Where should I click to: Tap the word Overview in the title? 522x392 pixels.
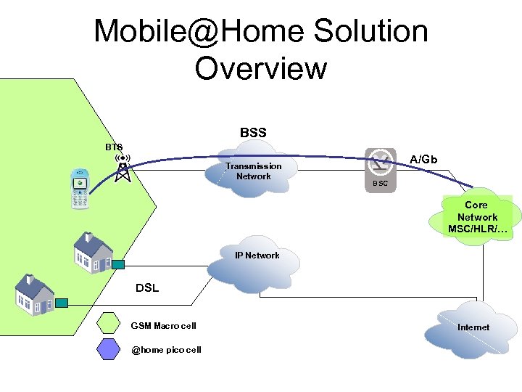point(261,68)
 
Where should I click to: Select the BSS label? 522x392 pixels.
point(253,133)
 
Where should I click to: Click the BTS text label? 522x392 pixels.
point(114,147)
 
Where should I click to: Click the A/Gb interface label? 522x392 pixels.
point(423,159)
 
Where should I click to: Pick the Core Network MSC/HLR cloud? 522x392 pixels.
point(476,218)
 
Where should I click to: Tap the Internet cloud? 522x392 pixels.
point(473,327)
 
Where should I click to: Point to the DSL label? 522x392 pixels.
point(147,287)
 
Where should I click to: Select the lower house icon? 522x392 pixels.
point(33,293)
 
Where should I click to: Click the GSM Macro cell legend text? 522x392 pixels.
point(163,325)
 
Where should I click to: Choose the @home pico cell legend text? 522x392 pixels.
point(166,350)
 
